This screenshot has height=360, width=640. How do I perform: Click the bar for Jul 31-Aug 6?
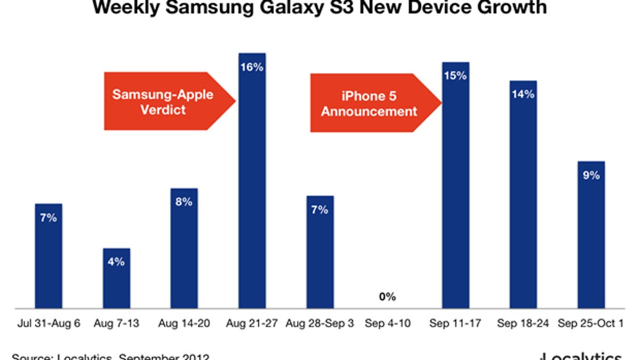coord(49,256)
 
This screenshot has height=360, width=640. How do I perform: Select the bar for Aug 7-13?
coord(116,278)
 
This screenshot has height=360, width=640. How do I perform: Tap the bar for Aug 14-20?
coord(184,248)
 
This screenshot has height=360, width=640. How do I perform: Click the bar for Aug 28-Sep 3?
coord(320,252)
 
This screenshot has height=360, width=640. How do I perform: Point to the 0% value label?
coord(388,297)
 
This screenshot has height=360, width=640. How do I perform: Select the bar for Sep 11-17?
coord(455,185)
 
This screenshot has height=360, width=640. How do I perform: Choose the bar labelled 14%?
coord(523,195)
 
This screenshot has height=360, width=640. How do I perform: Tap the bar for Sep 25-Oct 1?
coord(591,235)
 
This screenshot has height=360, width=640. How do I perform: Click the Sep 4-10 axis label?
coord(388,323)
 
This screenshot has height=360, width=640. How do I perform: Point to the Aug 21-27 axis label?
coord(252,323)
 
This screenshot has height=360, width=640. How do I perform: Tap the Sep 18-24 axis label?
coord(523,323)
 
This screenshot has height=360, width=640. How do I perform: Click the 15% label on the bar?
coord(455,75)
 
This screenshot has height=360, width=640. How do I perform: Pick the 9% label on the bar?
coord(591,174)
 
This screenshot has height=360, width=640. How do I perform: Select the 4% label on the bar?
coord(116,262)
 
